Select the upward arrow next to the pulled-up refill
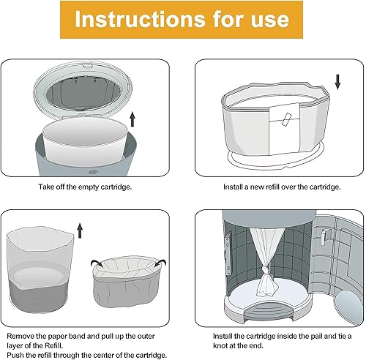80,233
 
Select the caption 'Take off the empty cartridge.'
91,187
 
